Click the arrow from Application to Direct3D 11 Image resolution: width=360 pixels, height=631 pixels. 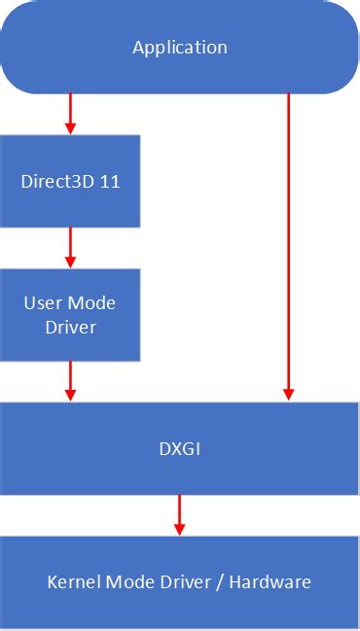(70, 114)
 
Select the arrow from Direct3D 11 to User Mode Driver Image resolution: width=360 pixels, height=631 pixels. (70, 247)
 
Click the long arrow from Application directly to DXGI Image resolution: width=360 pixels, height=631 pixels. (288, 243)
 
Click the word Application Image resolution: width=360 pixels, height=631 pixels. (180, 48)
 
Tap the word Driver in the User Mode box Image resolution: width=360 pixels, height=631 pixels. (70, 327)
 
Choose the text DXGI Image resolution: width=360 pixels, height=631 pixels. (179, 448)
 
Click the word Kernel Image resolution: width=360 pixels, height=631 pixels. (70, 582)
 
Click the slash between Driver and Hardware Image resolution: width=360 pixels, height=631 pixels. (230, 582)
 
